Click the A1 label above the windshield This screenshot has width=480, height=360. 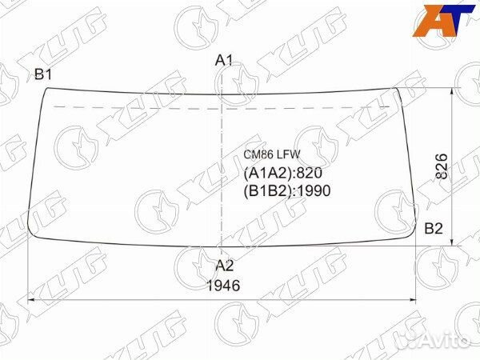[x=224, y=60]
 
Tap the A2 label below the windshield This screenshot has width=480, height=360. [x=225, y=265]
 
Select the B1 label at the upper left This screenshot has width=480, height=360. [x=43, y=74]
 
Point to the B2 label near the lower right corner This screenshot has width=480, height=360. [x=434, y=228]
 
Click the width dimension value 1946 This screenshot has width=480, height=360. [x=223, y=286]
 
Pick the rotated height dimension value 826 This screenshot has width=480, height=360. [x=442, y=166]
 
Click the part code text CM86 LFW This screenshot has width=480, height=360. [x=272, y=154]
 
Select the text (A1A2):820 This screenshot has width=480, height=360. [x=283, y=174]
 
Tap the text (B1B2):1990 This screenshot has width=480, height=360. [x=287, y=190]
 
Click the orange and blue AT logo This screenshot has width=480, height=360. [x=442, y=21]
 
